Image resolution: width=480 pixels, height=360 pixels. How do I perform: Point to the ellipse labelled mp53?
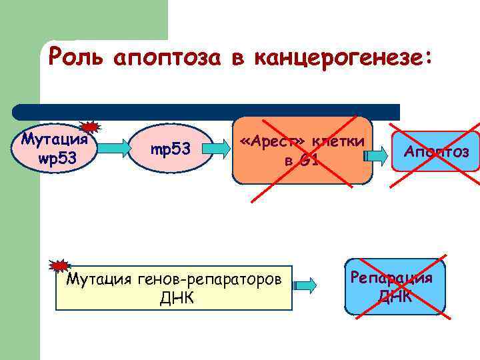pyautogui.click(x=171, y=150)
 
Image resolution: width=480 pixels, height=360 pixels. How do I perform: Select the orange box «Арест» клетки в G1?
pyautogui.click(x=302, y=150)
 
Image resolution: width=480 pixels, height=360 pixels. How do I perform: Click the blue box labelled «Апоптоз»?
pyautogui.click(x=436, y=152)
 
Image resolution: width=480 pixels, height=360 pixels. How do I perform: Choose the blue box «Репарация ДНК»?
pyautogui.click(x=395, y=287)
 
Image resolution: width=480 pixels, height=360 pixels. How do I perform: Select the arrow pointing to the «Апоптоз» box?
pyautogui.click(x=375, y=155)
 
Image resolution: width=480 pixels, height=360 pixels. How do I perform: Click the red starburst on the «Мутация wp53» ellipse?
pyautogui.click(x=90, y=127)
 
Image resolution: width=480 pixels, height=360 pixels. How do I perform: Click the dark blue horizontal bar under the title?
pyautogui.click(x=207, y=111)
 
